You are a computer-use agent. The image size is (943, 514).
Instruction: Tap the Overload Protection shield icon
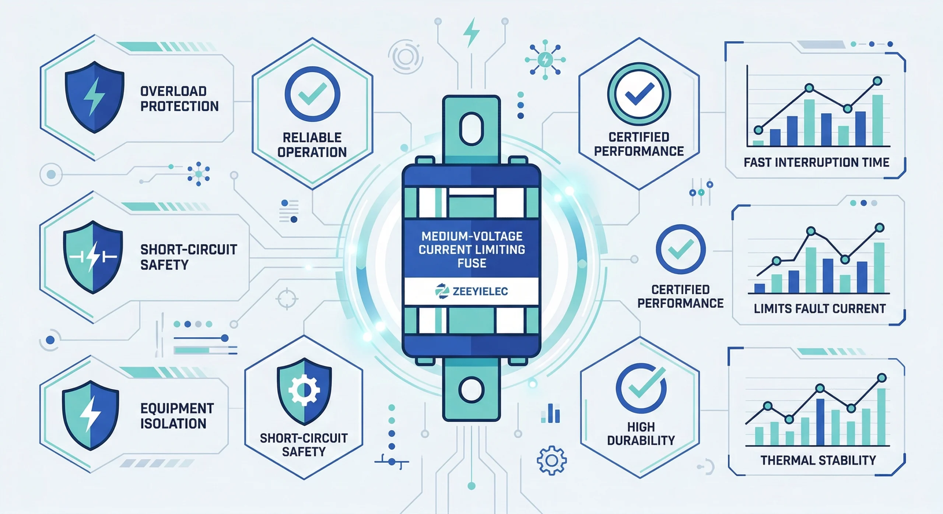pos(94,96)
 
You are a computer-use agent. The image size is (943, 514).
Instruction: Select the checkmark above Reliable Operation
pos(312,94)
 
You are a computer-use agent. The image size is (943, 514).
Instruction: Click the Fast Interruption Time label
pos(816,162)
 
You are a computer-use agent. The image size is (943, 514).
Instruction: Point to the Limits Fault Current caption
pos(820,309)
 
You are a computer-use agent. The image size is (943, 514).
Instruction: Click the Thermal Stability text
pos(818,460)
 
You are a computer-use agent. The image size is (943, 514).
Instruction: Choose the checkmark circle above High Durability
pos(641,389)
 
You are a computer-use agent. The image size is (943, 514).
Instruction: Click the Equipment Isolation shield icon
pos(90,415)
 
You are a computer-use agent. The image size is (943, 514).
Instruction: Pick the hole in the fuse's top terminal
pos(471,129)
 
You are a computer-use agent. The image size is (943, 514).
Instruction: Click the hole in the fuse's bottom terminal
pos(471,390)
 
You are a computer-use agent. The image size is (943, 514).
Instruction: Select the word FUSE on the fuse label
pos(472,263)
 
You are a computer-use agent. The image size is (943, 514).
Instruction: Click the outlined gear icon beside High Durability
pos(551,460)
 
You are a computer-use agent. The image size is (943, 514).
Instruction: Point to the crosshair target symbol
pos(287,299)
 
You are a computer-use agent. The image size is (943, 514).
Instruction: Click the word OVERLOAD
pos(173,91)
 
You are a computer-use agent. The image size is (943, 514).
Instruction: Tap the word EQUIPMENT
pos(177,408)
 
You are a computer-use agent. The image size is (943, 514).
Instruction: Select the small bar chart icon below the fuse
pos(550,413)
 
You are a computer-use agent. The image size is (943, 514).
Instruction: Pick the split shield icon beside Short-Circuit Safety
pos(93,257)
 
